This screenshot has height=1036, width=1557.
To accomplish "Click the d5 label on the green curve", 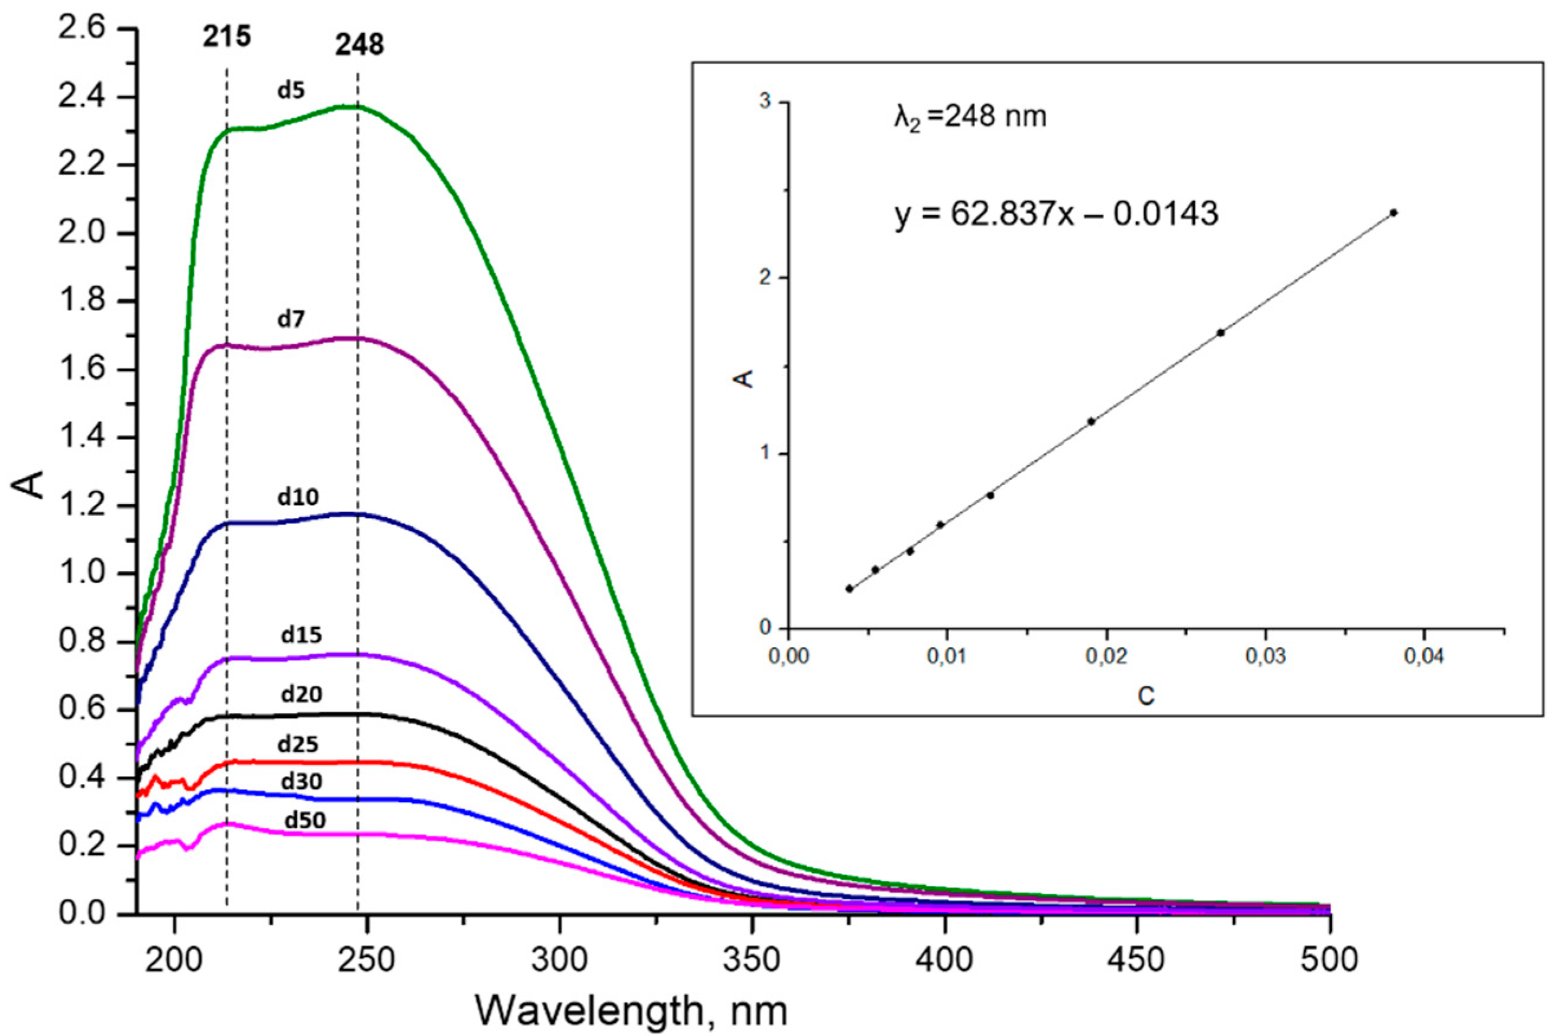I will coord(291,90).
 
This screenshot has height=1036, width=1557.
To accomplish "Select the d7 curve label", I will coord(291,320).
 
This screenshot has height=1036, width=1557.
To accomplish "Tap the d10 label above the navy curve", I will coord(298,497).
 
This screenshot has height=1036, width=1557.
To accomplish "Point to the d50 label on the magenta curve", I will coord(305,820).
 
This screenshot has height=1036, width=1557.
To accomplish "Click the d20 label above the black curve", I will coord(301,694).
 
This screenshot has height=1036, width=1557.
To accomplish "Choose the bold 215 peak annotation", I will coord(226,38).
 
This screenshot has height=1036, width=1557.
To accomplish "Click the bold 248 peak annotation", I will coord(359,46).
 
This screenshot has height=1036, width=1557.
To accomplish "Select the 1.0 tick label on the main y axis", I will coord(81,574).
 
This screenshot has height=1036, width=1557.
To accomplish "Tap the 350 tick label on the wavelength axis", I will coord(751,959).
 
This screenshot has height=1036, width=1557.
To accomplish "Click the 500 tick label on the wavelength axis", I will coord(1328,959).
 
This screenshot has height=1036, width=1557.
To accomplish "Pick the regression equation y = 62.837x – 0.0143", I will coord(1056,214).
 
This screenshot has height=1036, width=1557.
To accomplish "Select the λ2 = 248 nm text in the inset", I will coord(970,117).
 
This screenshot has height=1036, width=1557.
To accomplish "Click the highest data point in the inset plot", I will coord(1394,213).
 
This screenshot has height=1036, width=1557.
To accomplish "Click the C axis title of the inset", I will coord(1146,696).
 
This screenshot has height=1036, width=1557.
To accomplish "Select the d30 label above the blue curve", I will coord(301,782).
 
